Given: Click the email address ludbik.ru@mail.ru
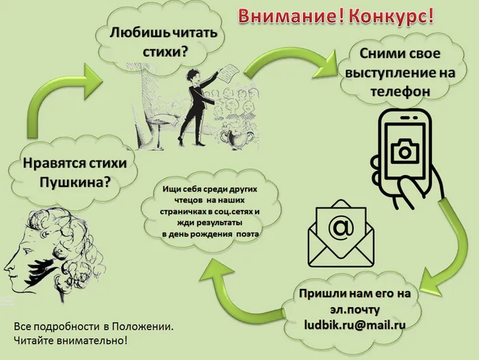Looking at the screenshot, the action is [x=354, y=325].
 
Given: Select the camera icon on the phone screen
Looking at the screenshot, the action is [x=405, y=151].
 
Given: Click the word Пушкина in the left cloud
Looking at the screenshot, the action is [x=75, y=183].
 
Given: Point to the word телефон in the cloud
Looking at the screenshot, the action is [x=400, y=92].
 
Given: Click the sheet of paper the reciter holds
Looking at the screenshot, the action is [x=229, y=72].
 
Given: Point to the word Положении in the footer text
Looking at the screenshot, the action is [x=142, y=326].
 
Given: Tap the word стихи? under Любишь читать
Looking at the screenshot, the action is [x=165, y=52].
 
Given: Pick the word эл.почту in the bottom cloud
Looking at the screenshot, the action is [x=354, y=309].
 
